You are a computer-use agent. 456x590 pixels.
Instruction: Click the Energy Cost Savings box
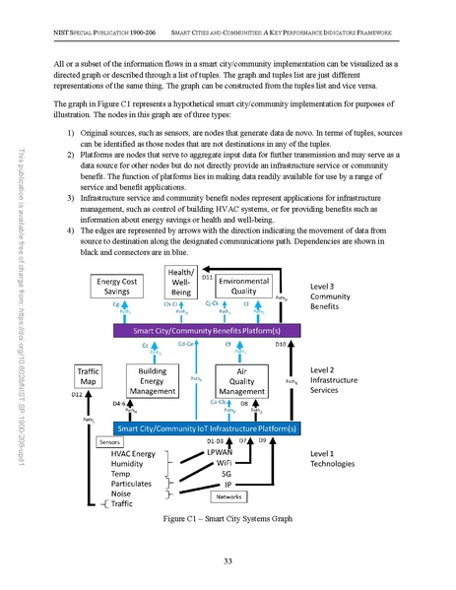pos(128,285)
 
